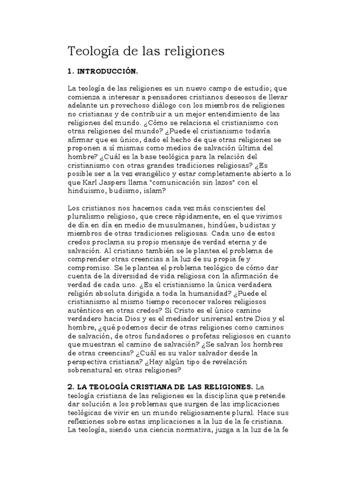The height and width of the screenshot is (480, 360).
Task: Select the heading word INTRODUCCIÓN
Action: pyautogui.click(x=107, y=72)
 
